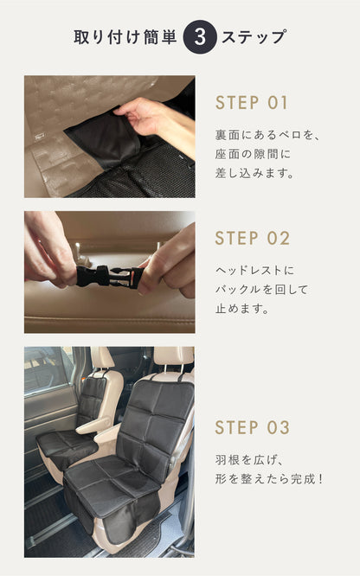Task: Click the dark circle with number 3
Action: pos(200,37)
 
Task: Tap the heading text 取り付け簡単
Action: pos(125,37)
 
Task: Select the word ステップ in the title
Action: pos(254,37)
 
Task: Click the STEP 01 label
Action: pos(252,103)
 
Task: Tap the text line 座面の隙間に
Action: pos(251,154)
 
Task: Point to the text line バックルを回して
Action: pos(260,290)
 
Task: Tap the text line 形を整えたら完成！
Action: pos(270,479)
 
